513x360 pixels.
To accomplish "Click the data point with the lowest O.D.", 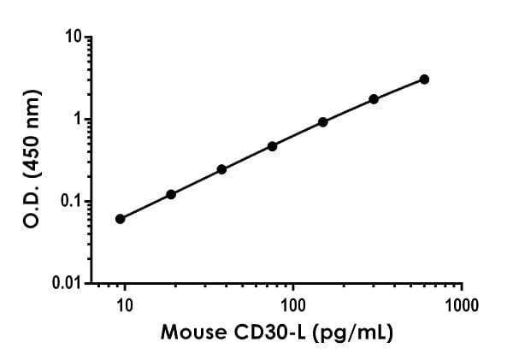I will (121, 219).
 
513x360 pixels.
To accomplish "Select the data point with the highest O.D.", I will (424, 80).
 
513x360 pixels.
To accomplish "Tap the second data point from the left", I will (171, 195).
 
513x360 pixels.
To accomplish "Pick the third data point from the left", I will (221, 169).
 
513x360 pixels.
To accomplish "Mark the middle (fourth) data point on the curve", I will (272, 146).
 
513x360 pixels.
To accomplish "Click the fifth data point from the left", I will (323, 122).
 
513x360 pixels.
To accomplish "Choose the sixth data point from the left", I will (374, 99).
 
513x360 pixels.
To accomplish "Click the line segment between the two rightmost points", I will (399, 90).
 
